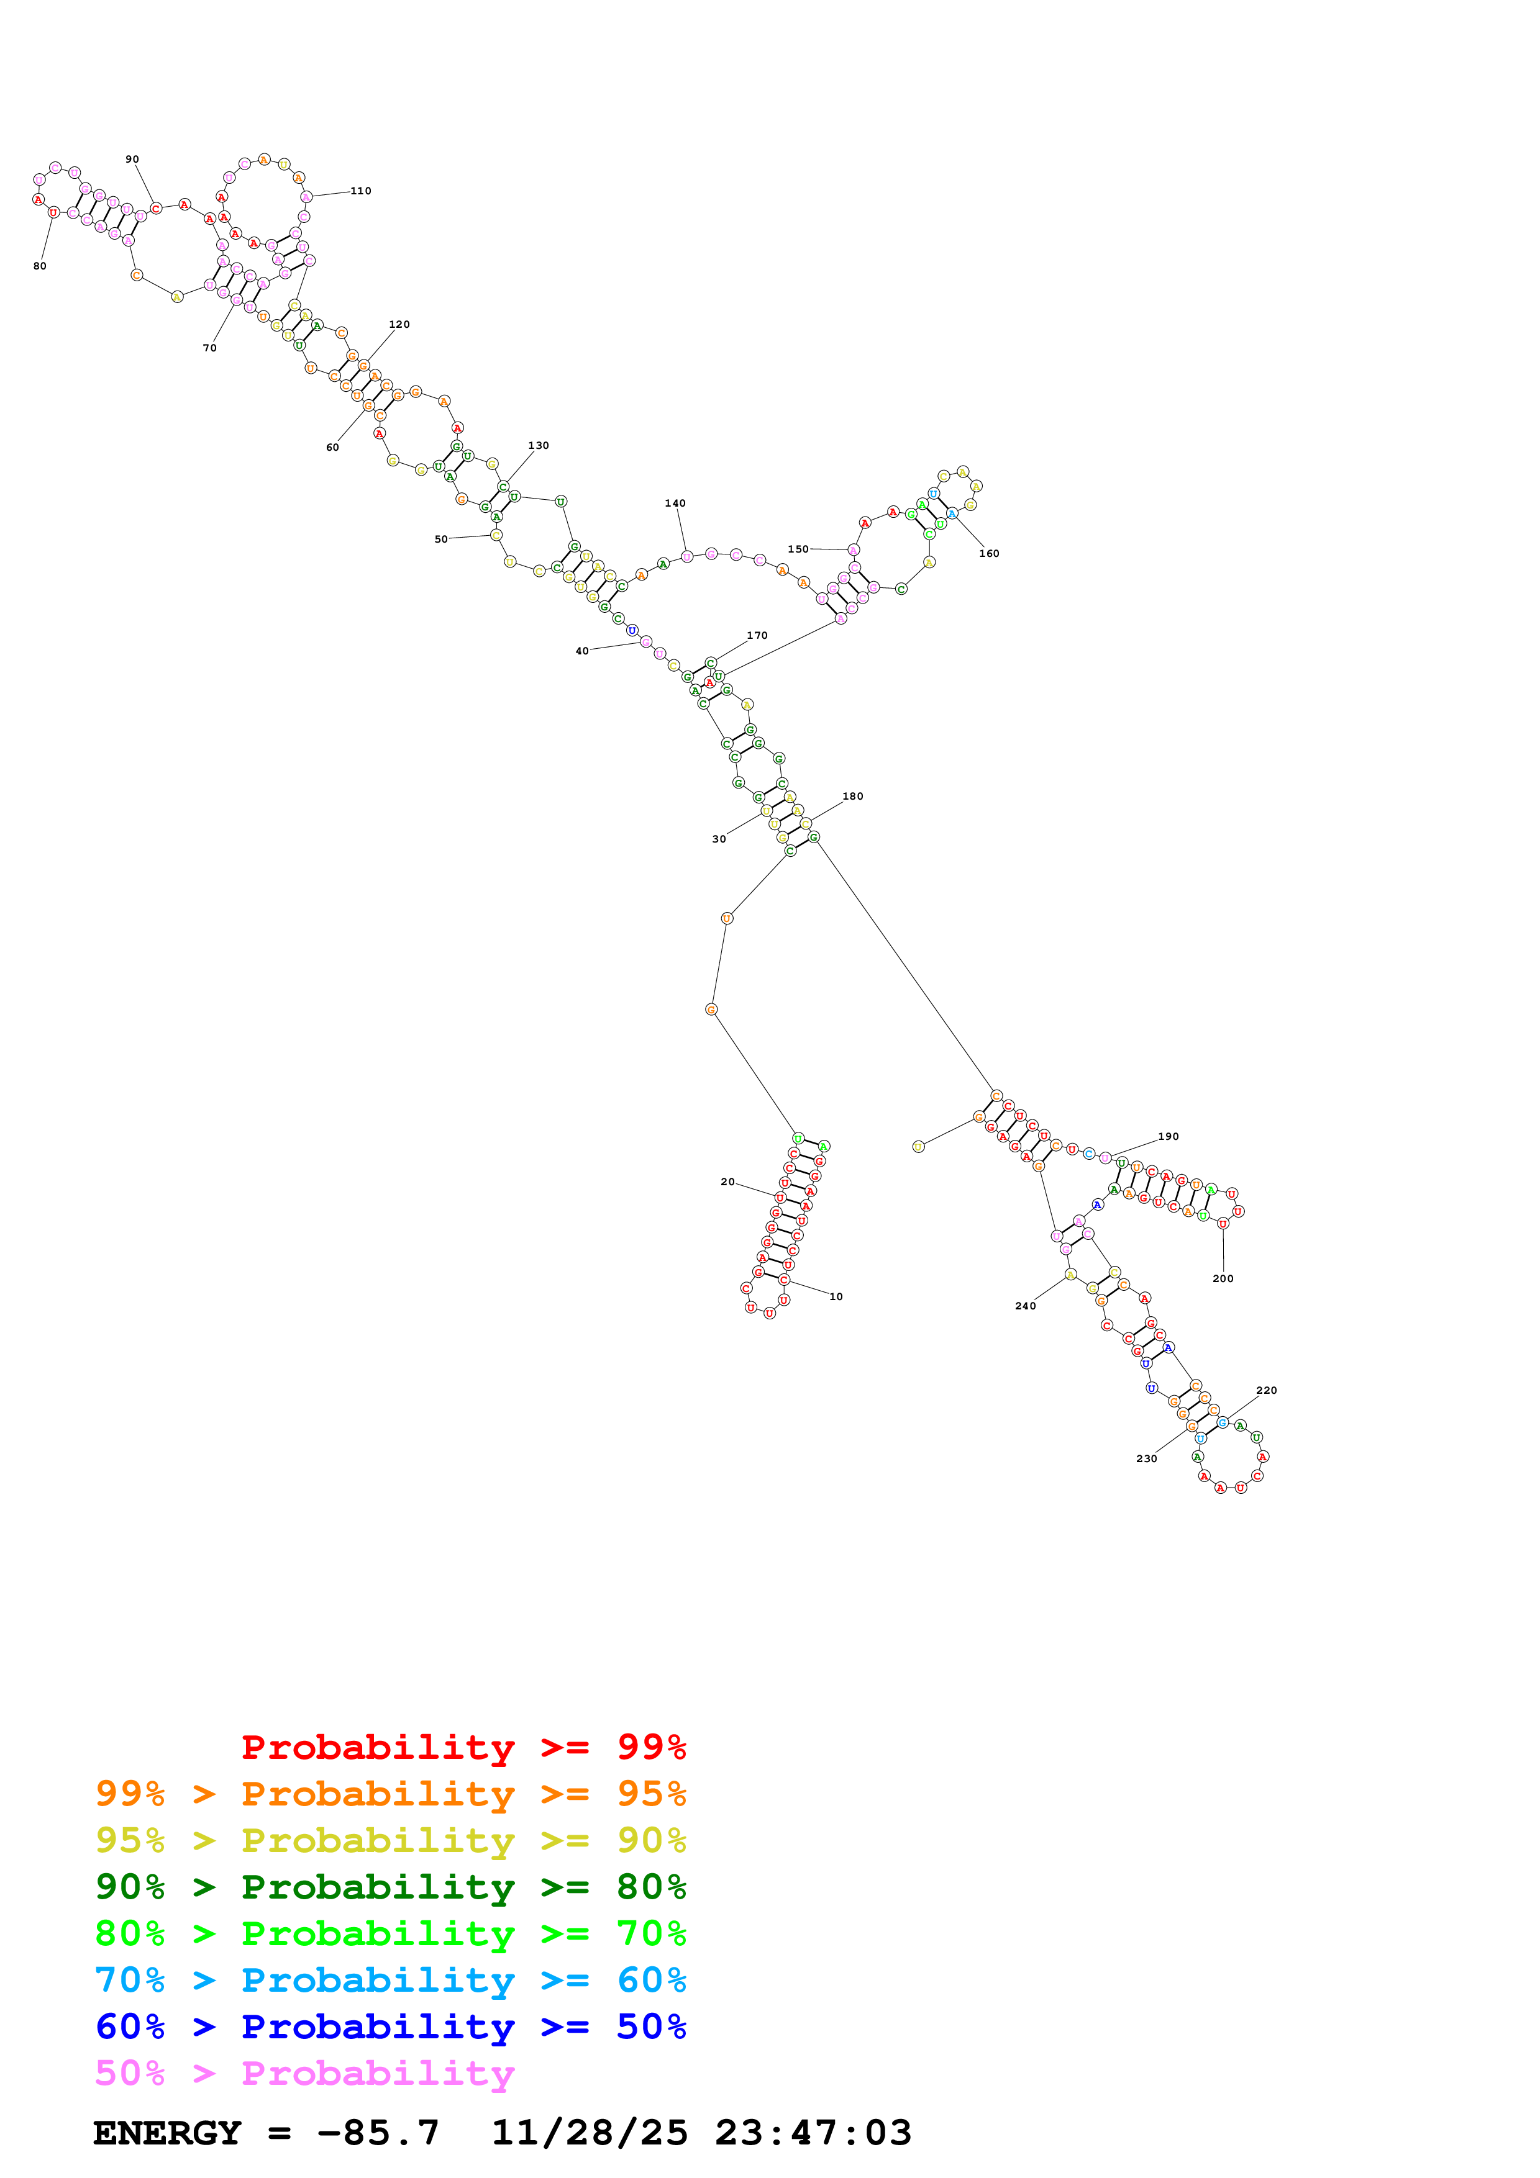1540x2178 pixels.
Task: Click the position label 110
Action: coord(360,191)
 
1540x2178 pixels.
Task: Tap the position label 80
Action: coord(40,266)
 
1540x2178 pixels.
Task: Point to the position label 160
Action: coord(989,553)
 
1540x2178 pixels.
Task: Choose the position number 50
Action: coord(441,539)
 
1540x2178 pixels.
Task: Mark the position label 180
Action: coord(853,796)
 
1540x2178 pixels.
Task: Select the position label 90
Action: coord(132,160)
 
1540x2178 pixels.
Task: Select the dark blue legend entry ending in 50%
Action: coord(390,2027)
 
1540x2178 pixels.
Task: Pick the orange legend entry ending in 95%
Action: coord(390,1793)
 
